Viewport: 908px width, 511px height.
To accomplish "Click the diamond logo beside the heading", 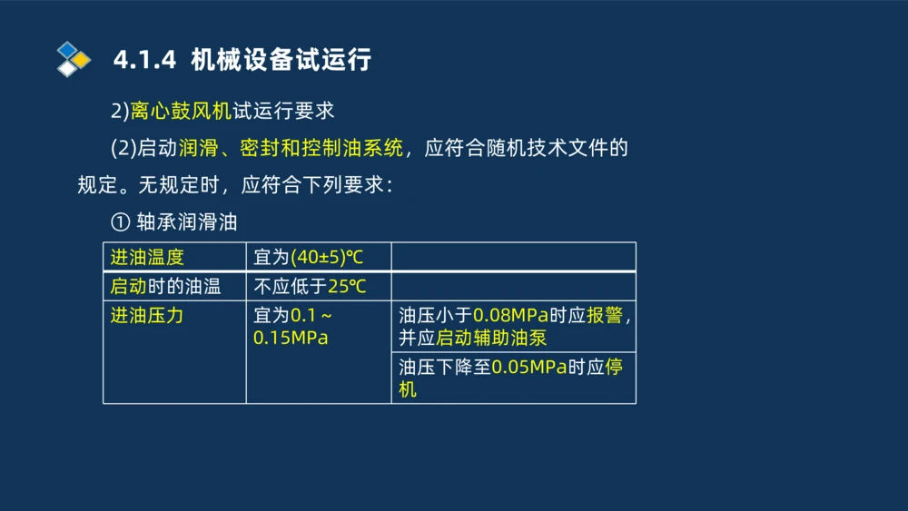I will click(x=74, y=60).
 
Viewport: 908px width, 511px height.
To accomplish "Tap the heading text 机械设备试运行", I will click(x=281, y=61).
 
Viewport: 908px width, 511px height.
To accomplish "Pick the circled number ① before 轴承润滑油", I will click(x=120, y=221).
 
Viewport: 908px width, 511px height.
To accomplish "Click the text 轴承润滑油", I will click(x=187, y=221).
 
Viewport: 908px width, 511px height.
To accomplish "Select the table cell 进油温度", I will click(x=147, y=257).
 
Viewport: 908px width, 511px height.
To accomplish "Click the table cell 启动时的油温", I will click(x=165, y=287).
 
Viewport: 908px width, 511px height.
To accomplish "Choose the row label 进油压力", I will click(x=147, y=316).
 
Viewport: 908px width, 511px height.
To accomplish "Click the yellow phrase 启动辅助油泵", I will click(x=491, y=338).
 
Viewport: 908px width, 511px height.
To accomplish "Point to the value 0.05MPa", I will click(x=529, y=369).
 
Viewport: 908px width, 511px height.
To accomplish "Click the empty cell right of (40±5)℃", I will click(x=513, y=257).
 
